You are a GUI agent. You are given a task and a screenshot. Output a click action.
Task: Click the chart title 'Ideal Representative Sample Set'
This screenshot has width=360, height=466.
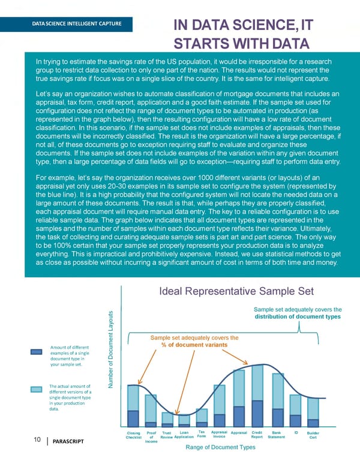click(x=236, y=292)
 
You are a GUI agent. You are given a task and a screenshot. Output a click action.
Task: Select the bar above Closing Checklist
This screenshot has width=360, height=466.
click(x=133, y=405)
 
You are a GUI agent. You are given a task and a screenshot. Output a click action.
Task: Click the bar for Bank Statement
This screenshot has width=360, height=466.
click(x=277, y=399)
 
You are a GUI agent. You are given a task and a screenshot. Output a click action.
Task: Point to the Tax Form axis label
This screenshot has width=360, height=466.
click(x=202, y=434)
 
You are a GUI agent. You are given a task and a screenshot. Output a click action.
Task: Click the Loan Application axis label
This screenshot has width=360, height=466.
click(x=184, y=434)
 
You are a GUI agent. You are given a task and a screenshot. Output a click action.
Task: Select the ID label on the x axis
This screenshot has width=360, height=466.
click(x=296, y=432)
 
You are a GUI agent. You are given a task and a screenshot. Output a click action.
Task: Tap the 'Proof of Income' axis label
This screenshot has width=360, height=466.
click(x=151, y=437)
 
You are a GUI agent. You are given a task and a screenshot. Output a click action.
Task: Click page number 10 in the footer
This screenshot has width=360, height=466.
click(x=37, y=440)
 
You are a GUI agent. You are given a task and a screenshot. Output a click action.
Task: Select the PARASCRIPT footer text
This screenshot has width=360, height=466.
click(x=68, y=442)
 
